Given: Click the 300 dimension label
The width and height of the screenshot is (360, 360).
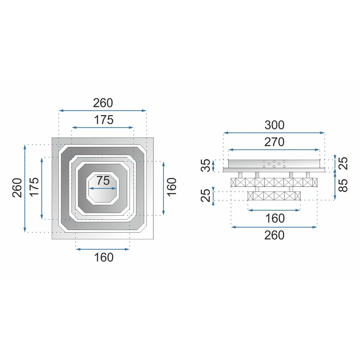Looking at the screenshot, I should [274, 125].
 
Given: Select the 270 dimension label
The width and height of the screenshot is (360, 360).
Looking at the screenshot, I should [274, 142].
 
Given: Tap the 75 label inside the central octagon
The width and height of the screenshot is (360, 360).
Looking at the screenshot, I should [103, 181].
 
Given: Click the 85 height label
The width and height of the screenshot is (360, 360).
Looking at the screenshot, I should [344, 185].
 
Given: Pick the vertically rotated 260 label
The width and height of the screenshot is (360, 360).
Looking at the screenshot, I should [17, 188].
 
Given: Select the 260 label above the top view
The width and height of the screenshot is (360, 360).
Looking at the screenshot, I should [103, 103].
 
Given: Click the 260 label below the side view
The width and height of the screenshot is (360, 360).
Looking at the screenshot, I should [274, 235].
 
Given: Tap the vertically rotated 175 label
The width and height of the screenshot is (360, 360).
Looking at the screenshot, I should [35, 188].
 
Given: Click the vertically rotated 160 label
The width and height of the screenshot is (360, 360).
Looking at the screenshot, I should [172, 188].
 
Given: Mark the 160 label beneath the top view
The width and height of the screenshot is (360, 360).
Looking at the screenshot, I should [103, 257].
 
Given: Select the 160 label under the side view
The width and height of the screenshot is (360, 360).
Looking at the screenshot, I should [274, 218].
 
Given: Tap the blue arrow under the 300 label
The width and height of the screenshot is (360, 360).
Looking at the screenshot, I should [274, 133].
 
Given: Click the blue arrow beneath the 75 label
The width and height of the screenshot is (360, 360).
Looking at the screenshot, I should [103, 188].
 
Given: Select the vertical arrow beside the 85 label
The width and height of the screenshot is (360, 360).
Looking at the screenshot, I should [335, 185].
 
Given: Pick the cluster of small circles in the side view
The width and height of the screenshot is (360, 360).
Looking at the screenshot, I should [274, 164].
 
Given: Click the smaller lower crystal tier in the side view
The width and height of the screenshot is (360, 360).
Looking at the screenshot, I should [274, 196].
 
